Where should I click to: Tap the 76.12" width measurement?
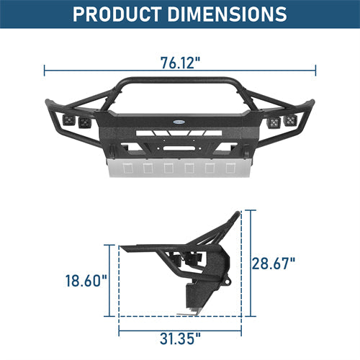180,62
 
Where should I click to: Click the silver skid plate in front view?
180,169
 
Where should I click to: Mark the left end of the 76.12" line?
45,71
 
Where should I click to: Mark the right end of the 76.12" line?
315,71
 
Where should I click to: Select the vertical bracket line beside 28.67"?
251,264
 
